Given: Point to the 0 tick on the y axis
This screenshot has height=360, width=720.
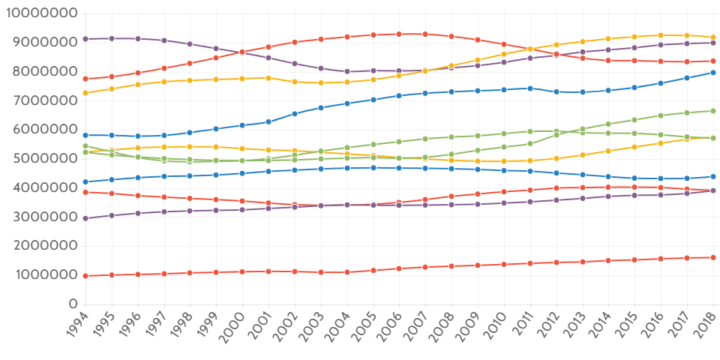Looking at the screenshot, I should tap(73, 304).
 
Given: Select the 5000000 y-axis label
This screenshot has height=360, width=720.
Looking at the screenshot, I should tap(43, 159).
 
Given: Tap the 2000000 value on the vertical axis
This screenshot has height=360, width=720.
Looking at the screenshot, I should tap(43, 246).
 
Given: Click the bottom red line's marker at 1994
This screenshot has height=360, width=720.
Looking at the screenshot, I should tap(85, 276).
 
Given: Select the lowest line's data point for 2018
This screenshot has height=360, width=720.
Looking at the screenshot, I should tap(712, 257).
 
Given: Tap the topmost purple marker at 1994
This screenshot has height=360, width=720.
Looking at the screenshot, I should tap(85, 38).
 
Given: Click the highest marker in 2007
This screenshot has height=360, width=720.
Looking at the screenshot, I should tap(425, 34).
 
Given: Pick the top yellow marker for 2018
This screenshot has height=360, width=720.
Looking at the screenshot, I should tap(712, 37).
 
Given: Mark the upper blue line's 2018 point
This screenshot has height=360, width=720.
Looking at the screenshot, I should tap(712, 73).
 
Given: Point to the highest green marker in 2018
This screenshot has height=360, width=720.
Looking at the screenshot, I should tap(712, 111).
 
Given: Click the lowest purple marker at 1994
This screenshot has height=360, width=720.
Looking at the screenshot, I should tap(85, 218).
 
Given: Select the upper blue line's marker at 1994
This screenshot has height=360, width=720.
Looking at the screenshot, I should tap(85, 135).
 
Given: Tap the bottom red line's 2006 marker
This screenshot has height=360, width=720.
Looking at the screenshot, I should tap(399, 268).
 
